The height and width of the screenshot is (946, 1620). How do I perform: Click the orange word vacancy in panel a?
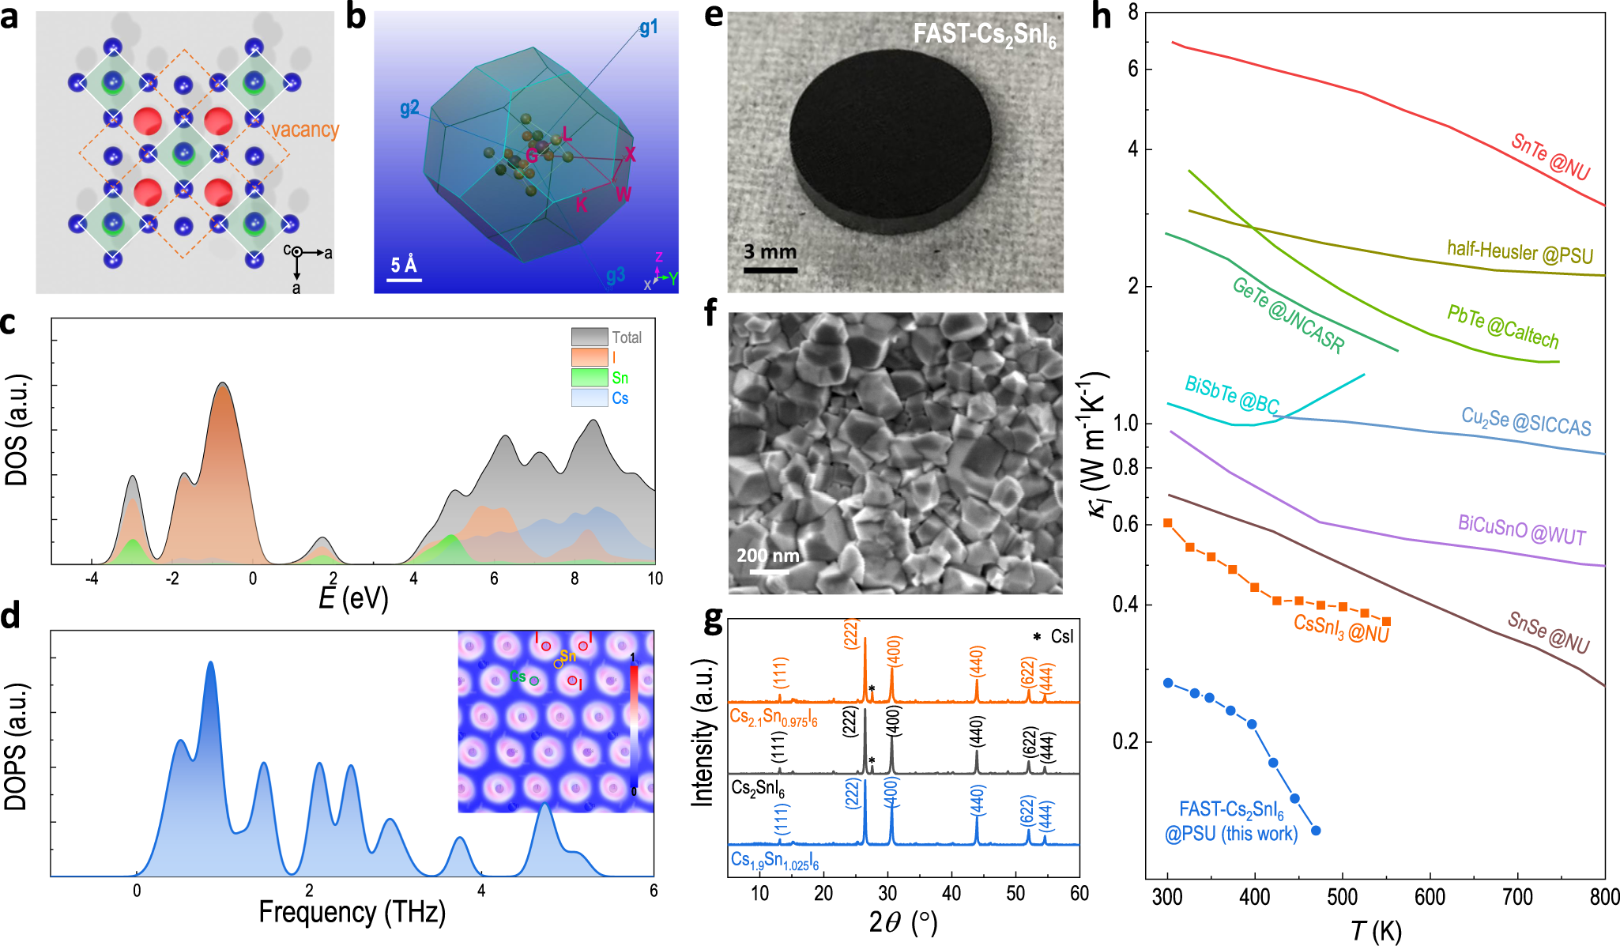(x=305, y=130)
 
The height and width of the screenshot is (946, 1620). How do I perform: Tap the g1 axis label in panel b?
(x=649, y=28)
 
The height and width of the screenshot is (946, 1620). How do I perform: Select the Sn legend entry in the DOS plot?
(x=620, y=378)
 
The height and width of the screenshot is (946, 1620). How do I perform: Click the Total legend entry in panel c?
(x=626, y=337)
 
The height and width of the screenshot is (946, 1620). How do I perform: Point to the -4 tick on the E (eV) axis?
(x=92, y=579)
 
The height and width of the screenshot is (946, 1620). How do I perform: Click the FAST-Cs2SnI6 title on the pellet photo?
(x=984, y=35)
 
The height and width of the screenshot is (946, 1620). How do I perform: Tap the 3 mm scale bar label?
(x=770, y=252)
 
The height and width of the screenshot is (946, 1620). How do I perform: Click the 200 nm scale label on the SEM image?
(x=767, y=556)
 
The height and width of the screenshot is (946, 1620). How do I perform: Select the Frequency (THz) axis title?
(x=352, y=912)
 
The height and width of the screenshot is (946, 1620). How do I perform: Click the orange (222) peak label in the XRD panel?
(x=851, y=633)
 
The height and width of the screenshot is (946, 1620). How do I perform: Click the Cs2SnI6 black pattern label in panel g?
(x=757, y=788)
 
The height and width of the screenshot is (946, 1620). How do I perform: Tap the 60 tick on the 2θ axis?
(x=1079, y=894)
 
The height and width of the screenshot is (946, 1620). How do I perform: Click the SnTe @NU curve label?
(x=1550, y=156)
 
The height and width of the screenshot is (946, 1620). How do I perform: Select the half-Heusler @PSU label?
(x=1520, y=252)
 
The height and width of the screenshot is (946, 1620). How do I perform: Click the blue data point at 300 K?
(x=1168, y=683)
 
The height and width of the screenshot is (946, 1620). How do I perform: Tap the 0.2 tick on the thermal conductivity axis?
(x=1127, y=741)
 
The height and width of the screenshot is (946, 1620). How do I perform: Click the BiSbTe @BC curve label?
(x=1231, y=394)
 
